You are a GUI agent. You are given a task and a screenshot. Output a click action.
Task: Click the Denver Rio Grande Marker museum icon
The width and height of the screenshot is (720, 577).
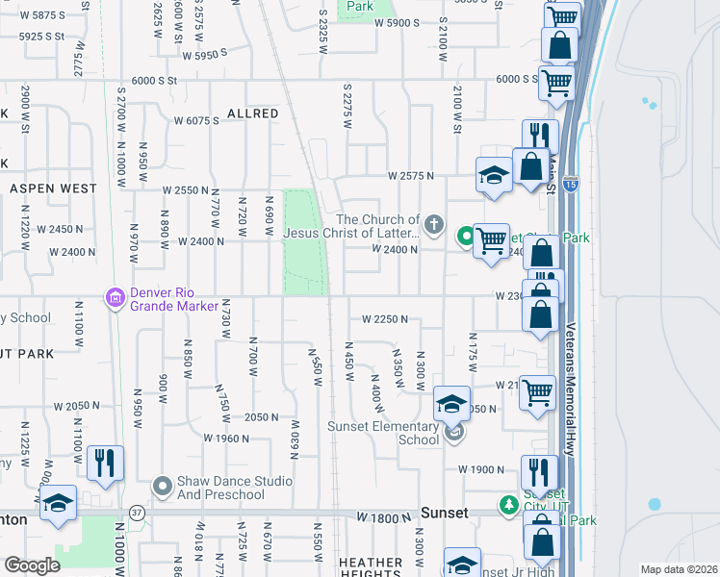116,300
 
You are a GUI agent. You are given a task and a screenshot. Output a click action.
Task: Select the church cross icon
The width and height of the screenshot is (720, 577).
434,226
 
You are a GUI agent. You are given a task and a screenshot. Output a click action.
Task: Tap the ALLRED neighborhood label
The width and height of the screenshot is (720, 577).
252,113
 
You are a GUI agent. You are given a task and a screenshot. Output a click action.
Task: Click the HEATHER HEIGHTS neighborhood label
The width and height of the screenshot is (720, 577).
370,568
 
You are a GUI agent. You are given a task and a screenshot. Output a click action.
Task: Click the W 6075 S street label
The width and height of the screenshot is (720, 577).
197,120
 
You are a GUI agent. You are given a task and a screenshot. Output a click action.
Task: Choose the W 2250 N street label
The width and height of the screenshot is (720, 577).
385,318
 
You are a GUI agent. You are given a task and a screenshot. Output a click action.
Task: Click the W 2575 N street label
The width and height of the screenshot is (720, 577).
411,176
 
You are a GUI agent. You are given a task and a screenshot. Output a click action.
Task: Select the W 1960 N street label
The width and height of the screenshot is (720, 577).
227,438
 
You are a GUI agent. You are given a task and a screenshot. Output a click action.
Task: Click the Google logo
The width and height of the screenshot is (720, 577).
32,565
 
